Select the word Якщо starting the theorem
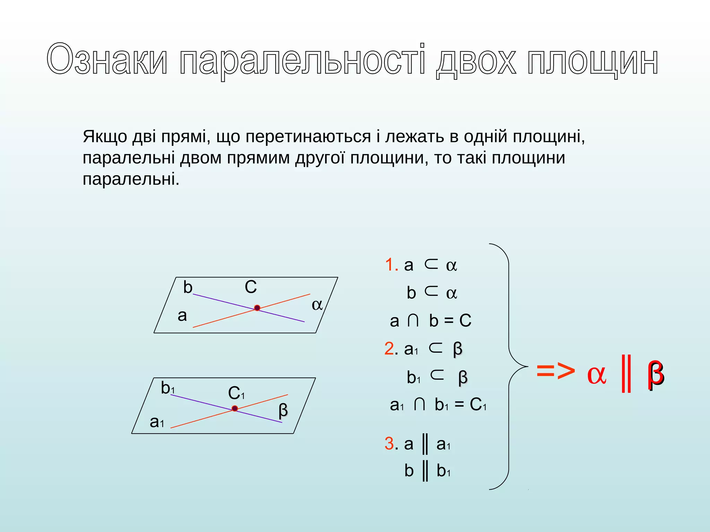click(x=105, y=137)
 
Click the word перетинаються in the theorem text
click(x=308, y=137)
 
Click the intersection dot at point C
click(x=257, y=308)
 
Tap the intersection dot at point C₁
click(x=235, y=409)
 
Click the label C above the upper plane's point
click(x=251, y=287)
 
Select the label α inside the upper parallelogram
click(x=317, y=305)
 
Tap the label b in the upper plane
click(x=188, y=287)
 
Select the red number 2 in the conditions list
click(x=389, y=348)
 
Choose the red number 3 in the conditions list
click(x=389, y=444)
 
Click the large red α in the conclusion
click(x=597, y=374)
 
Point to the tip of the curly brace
click(x=527, y=366)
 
